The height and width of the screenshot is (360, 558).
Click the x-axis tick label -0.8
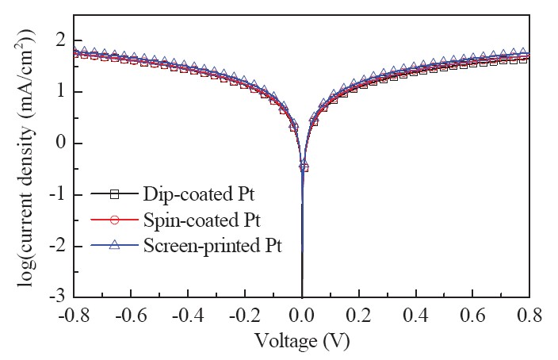(74, 315)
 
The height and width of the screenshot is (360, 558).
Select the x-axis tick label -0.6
(131, 315)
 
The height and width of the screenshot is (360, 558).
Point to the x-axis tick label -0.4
(188, 315)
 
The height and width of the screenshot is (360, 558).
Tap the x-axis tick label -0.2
(245, 315)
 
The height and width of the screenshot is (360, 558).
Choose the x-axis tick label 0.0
(302, 315)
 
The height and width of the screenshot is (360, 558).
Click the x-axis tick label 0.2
(359, 315)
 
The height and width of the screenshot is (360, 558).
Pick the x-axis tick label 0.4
(416, 315)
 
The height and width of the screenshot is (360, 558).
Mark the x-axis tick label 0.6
(473, 315)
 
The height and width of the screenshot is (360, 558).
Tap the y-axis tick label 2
(62, 40)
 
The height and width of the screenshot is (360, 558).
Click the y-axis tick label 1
(62, 92)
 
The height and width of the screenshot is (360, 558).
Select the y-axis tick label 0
(62, 144)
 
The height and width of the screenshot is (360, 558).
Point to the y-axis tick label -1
(58, 194)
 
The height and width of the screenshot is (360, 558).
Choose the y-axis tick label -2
(58, 246)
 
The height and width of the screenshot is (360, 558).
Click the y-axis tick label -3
(58, 297)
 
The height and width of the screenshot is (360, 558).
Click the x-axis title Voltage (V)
(302, 341)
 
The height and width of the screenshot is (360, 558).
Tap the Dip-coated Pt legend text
(199, 194)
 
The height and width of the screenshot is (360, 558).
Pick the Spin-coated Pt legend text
(202, 220)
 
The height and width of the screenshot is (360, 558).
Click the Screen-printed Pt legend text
(212, 245)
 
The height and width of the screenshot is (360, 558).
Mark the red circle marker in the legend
(114, 220)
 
